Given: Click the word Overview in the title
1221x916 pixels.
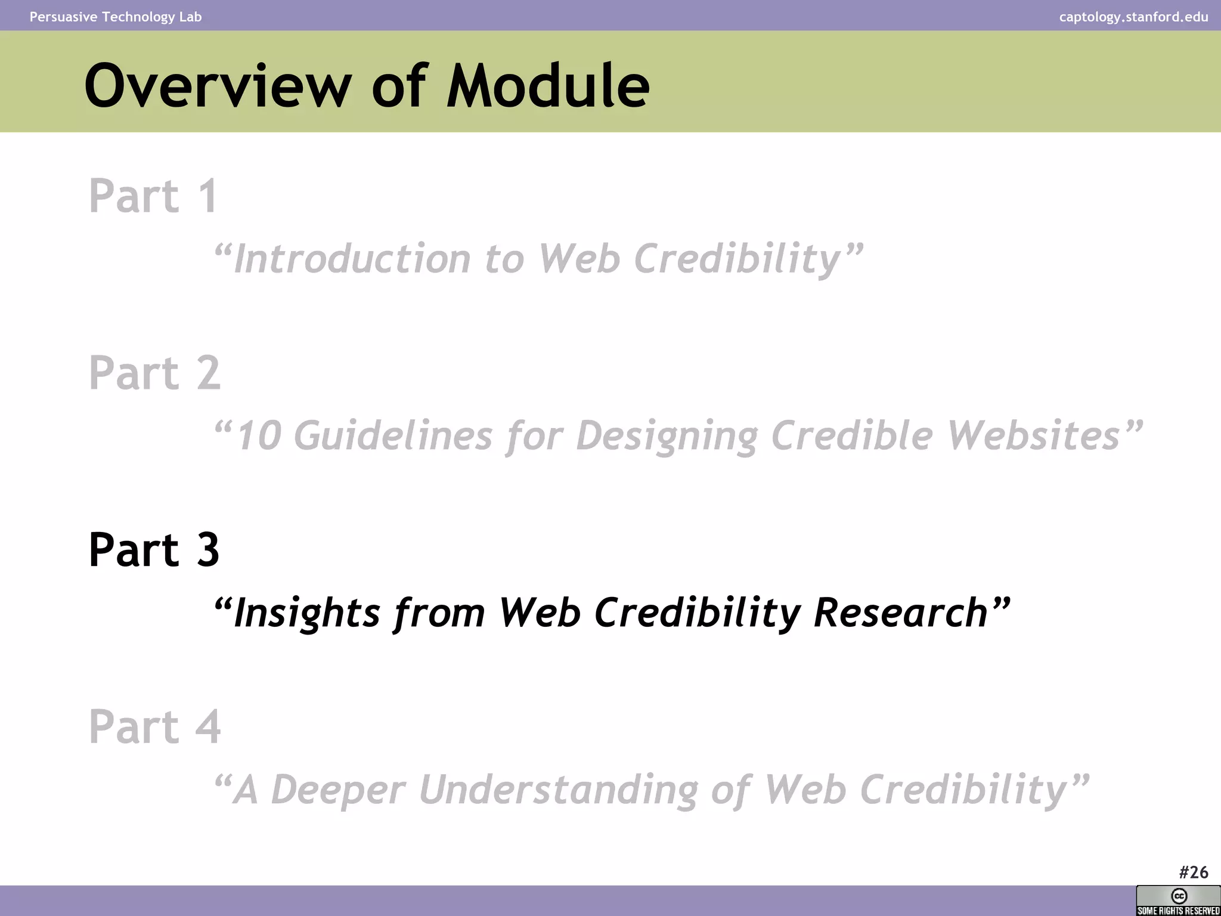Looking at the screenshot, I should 218,86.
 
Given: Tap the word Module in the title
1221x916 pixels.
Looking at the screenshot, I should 548,86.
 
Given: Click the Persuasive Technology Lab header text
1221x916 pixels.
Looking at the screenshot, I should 116,17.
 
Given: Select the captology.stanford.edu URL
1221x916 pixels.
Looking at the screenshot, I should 1133,17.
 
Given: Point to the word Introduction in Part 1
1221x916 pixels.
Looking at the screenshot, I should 352,259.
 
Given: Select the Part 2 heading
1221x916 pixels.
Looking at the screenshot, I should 154,373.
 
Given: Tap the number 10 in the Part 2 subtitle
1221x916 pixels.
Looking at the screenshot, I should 259,435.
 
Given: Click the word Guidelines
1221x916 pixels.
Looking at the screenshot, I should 393,435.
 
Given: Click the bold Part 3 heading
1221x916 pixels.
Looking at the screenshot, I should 154,549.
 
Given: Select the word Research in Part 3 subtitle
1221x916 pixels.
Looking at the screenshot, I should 901,613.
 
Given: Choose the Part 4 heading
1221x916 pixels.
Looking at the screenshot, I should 154,726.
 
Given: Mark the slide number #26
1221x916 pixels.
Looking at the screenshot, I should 1193,872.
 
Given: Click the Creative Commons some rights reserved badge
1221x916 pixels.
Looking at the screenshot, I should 1178,900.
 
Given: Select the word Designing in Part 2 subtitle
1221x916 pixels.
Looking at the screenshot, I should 667,435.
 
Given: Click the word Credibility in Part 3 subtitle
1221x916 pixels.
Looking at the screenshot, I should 698,613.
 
